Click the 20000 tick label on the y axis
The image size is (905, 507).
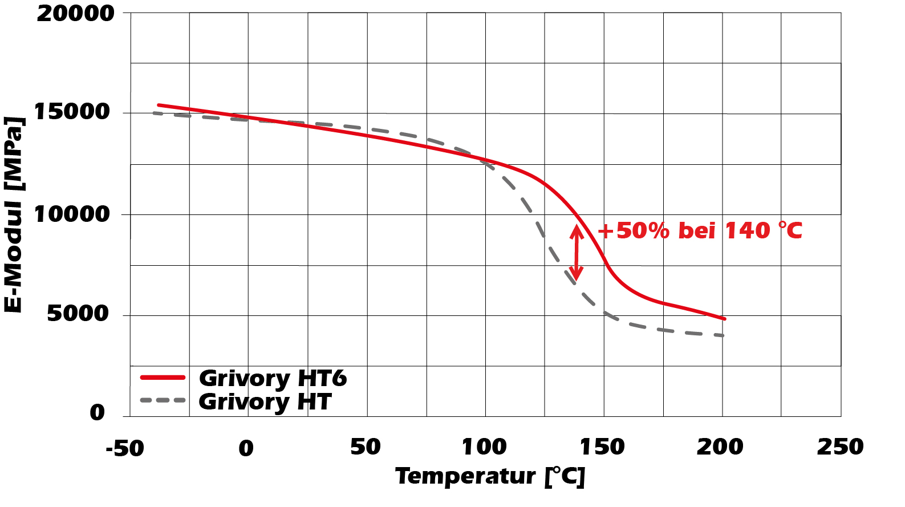pos(75,14)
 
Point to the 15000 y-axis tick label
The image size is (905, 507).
pos(72,112)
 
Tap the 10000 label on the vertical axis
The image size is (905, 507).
pos(72,214)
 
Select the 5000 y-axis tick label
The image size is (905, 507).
pos(78,313)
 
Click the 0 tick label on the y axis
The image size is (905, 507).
pos(98,412)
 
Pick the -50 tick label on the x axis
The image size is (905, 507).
pos(125,449)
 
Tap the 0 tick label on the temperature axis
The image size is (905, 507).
pos(246,449)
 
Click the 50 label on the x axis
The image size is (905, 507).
pos(365,447)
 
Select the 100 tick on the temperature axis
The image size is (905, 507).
pos(484,447)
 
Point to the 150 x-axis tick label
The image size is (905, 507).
pos(602,447)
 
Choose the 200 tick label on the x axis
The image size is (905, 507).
pos(720,447)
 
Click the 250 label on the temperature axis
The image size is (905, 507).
pos(840,447)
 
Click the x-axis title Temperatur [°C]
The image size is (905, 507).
pos(490,476)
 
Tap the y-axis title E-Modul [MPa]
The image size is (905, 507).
pos(14,215)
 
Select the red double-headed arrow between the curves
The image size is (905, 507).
pos(577,253)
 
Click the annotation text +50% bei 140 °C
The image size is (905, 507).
pos(700,231)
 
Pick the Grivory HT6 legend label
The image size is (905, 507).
pos(273,378)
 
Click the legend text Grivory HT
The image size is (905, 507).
pos(265,402)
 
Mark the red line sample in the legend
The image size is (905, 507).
pos(163,378)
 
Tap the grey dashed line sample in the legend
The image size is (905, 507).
pos(163,400)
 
